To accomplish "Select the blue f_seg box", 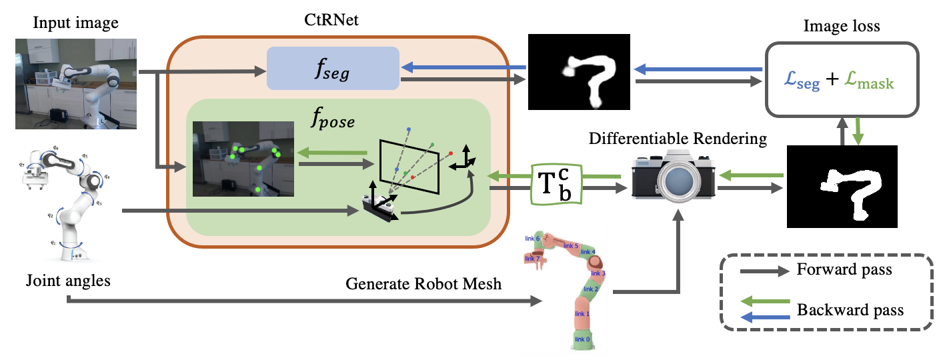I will [x=332, y=67].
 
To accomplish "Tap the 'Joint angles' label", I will [x=69, y=281].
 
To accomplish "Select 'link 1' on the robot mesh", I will [x=583, y=313].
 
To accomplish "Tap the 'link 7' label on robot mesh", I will [x=532, y=259].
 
